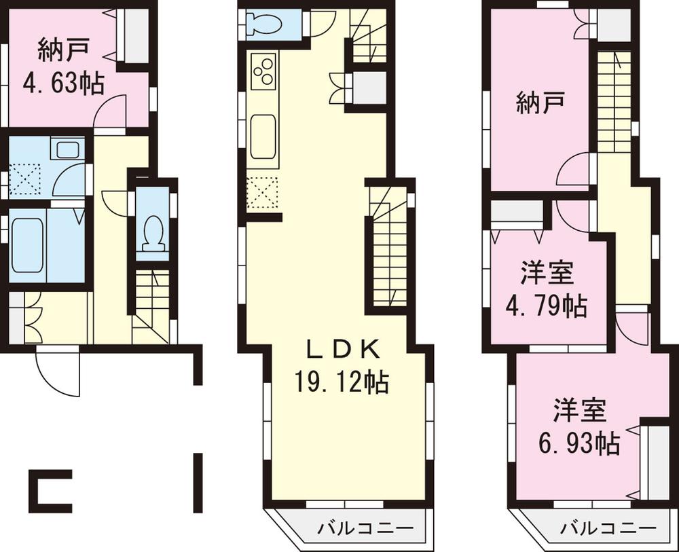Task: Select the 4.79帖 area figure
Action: click(x=546, y=306)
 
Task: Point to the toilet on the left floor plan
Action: click(x=152, y=232)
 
